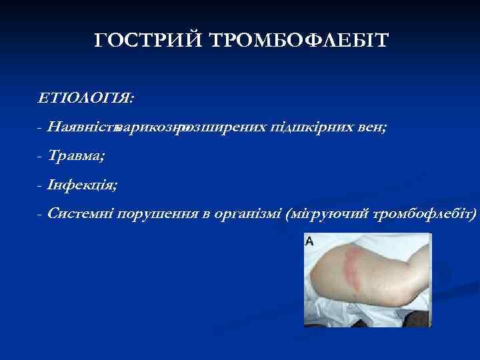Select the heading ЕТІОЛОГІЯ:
click(x=85, y=98)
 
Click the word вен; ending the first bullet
click(x=369, y=127)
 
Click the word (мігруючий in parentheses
click(x=327, y=214)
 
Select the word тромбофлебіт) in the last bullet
click(x=425, y=214)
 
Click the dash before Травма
click(x=41, y=156)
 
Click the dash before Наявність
click(x=41, y=127)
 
